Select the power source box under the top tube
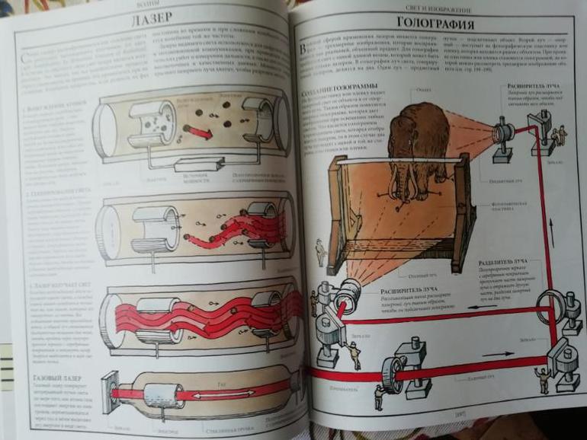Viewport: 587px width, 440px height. [198, 164]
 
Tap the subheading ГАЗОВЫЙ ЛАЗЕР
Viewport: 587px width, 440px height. [52, 378]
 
